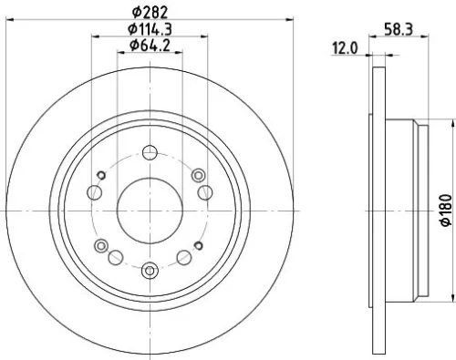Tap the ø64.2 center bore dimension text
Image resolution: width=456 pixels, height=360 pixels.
[150, 46]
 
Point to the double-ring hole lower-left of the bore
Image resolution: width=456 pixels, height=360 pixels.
[102, 244]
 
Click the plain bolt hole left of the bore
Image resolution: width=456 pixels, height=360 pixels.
[94, 191]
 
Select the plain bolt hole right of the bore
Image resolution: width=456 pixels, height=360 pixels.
[205, 191]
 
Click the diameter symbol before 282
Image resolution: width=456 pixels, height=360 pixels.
[135, 12]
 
